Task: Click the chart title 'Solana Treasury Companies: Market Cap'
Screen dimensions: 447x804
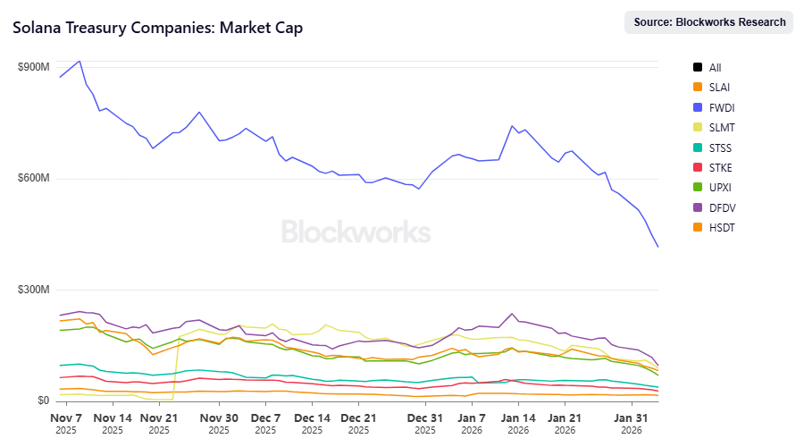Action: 157,28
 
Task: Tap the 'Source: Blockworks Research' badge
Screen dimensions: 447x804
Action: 709,22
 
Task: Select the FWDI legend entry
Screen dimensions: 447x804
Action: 721,107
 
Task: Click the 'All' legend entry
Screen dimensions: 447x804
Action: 715,67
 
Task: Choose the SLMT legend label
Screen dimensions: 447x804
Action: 721,127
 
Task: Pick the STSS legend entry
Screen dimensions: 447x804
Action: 721,148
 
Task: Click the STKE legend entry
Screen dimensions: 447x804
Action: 721,167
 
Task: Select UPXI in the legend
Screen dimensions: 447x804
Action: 721,188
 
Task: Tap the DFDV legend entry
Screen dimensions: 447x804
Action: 722,207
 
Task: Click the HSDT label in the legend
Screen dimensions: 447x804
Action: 722,228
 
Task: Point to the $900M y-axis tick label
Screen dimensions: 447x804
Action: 33,68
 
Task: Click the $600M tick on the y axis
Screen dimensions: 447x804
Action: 33,179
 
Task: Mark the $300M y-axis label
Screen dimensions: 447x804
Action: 33,291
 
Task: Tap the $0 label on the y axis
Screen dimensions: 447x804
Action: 42,401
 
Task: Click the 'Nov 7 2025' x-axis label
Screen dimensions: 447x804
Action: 67,423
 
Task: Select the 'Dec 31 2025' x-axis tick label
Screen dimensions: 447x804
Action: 425,423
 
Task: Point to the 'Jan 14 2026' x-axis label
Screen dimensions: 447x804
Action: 518,423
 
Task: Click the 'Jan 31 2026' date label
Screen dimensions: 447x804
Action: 631,423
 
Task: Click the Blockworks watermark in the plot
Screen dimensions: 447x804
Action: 356,232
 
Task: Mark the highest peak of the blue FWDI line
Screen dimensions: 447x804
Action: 80,61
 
